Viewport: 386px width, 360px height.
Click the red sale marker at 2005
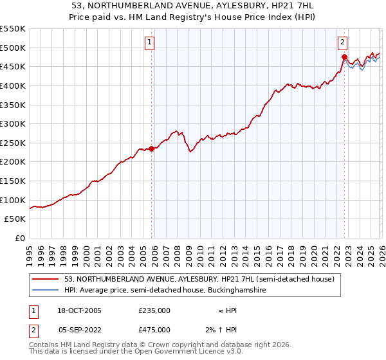point(152,148)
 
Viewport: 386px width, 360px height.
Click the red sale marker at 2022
point(344,57)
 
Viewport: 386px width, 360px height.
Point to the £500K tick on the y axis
point(13,48)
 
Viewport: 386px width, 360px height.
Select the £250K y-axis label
point(13,143)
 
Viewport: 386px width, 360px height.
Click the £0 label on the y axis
point(19,238)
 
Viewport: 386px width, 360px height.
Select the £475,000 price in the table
point(154,329)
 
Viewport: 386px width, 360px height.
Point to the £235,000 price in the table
point(154,310)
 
